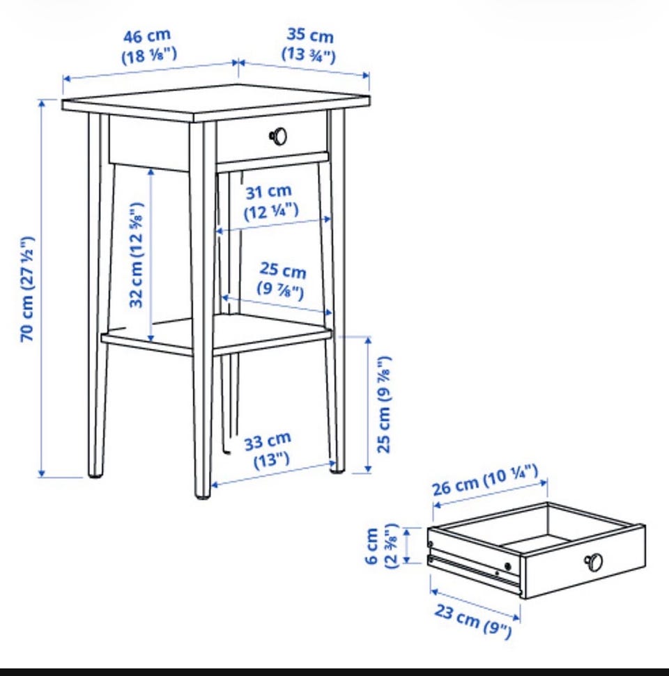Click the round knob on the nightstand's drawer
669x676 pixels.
(278, 136)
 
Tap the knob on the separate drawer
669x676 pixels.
(594, 562)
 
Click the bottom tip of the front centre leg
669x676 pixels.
(202, 497)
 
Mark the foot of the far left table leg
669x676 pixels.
(95, 475)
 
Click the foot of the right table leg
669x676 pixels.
(337, 471)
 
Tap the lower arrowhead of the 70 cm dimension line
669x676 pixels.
(41, 474)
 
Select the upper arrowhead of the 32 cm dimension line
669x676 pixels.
(151, 172)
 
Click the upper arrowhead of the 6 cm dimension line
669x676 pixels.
(406, 532)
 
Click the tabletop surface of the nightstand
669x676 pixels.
(216, 102)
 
